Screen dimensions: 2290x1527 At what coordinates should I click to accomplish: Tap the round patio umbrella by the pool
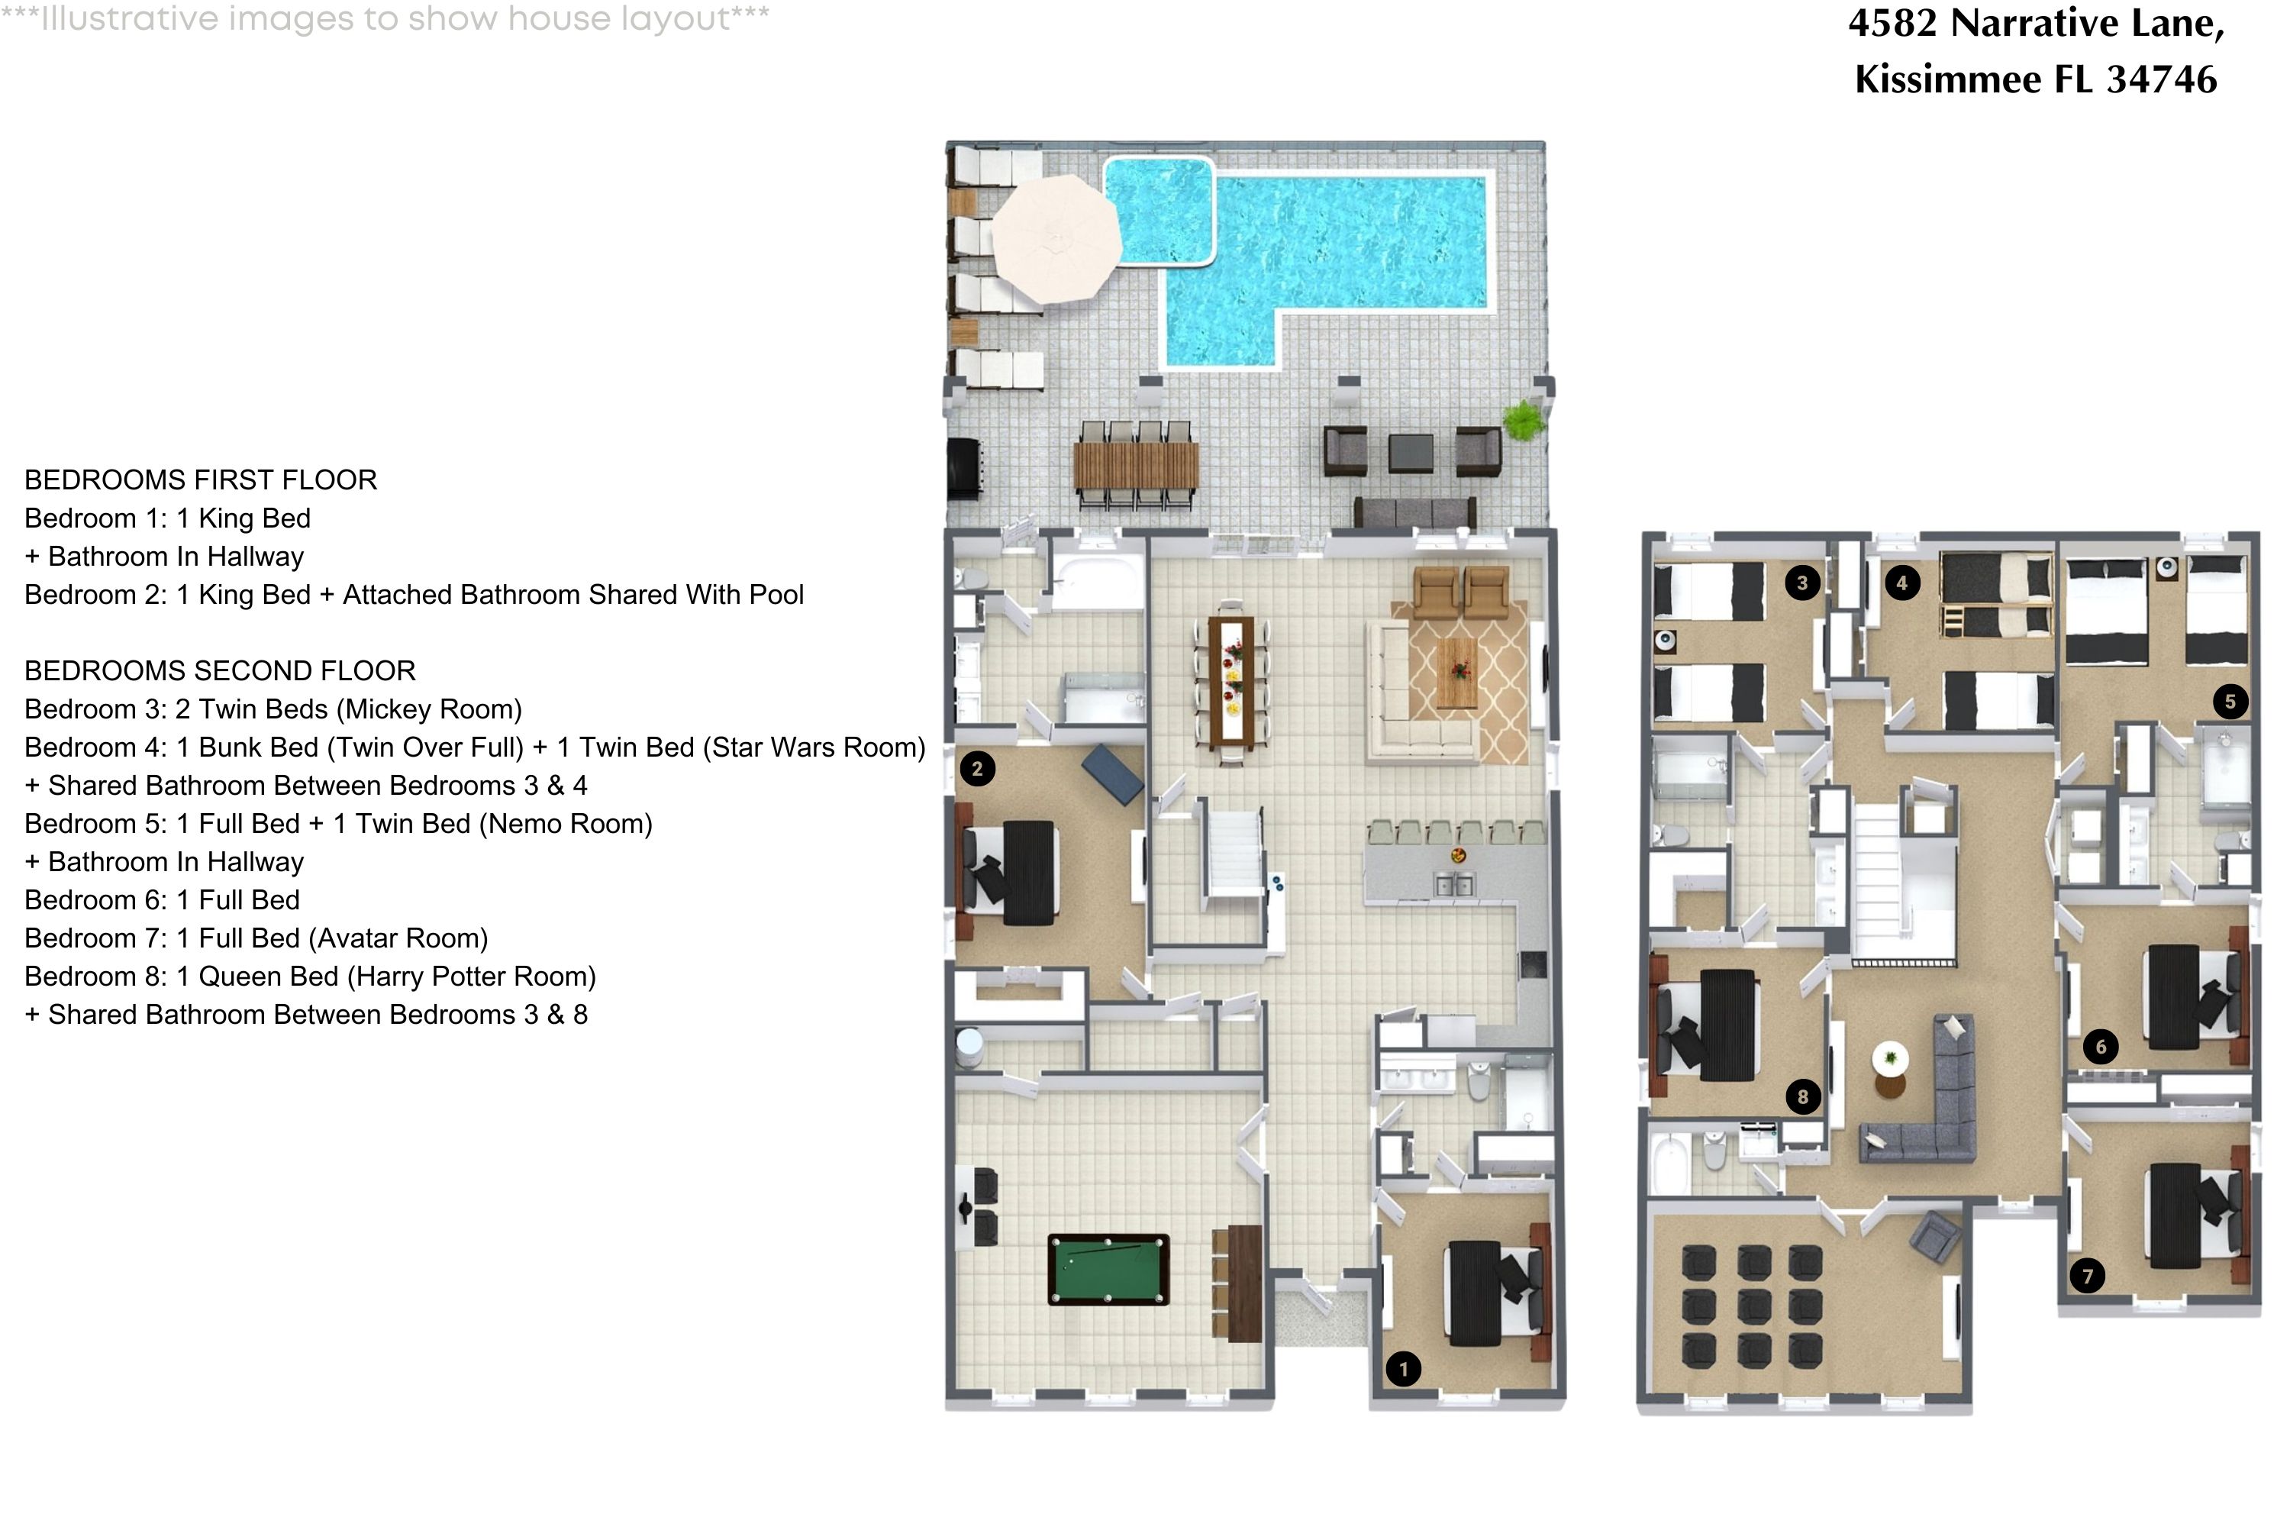[x=1057, y=237]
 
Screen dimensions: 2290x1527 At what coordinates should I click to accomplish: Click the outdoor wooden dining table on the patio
[x=1137, y=466]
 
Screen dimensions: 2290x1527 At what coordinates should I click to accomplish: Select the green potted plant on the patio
[x=1523, y=421]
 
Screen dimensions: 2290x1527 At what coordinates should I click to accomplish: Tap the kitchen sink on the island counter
[x=1455, y=885]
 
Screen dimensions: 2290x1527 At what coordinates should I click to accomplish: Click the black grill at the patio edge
[x=964, y=470]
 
